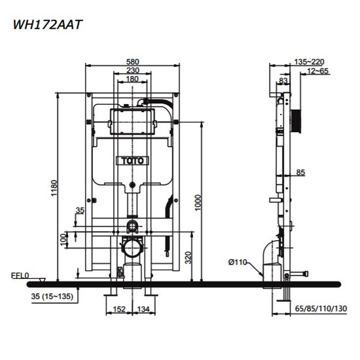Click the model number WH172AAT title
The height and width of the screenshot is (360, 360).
[45, 25]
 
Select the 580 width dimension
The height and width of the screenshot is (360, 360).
[134, 62]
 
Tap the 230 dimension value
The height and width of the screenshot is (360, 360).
[134, 71]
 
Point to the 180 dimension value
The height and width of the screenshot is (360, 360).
[134, 79]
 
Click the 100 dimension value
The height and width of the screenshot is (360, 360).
[63, 242]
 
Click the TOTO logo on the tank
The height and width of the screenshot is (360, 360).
[134, 159]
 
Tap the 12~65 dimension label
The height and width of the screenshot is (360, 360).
[315, 71]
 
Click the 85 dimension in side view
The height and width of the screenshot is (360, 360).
[300, 173]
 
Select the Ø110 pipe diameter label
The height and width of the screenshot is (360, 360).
[238, 262]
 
